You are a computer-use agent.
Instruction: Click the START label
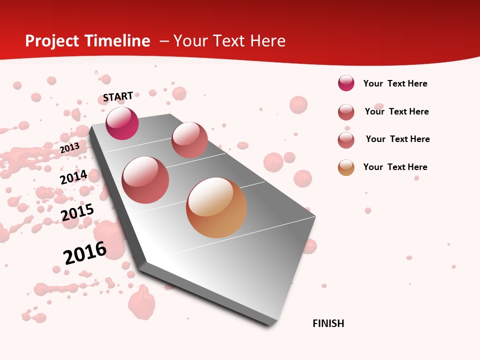tap(118, 96)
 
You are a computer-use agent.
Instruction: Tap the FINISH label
tap(328, 323)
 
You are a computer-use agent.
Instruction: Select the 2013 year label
tap(69, 147)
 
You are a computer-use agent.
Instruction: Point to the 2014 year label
tap(73, 177)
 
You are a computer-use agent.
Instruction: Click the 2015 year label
tap(77, 212)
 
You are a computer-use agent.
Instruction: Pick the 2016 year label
tap(85, 252)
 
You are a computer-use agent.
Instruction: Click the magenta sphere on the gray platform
tap(122, 123)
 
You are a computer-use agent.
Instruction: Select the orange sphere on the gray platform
tap(216, 207)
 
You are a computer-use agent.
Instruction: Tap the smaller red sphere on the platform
tap(189, 140)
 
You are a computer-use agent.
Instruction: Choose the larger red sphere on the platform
tap(145, 180)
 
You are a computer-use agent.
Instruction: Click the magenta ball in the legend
tap(346, 83)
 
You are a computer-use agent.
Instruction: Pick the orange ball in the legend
tap(346, 167)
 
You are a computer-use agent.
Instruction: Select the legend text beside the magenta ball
tap(395, 84)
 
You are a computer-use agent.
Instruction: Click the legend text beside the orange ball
tap(395, 167)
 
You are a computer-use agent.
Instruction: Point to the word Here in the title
tap(267, 41)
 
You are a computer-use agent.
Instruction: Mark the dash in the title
tap(163, 41)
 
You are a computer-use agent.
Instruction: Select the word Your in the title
tap(189, 41)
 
